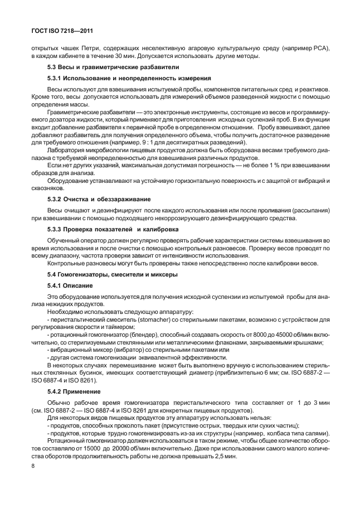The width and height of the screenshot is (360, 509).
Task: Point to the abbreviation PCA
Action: coord(320,48)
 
